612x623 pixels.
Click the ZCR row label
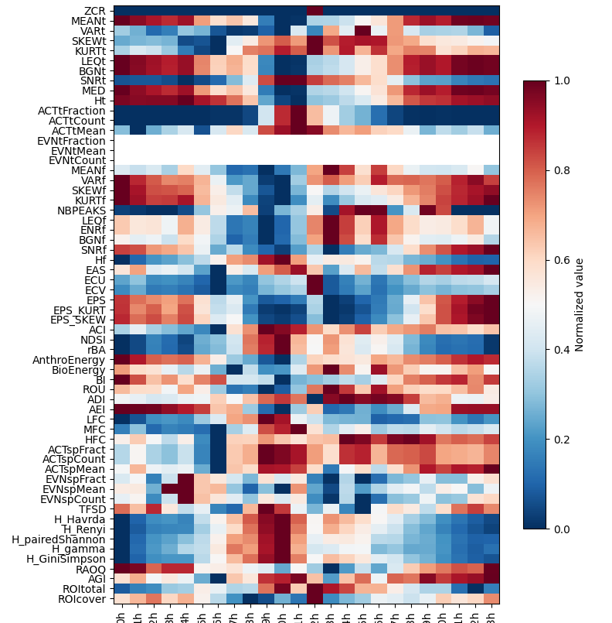point(96,10)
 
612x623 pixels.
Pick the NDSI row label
point(93,339)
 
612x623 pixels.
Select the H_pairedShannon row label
point(65,539)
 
